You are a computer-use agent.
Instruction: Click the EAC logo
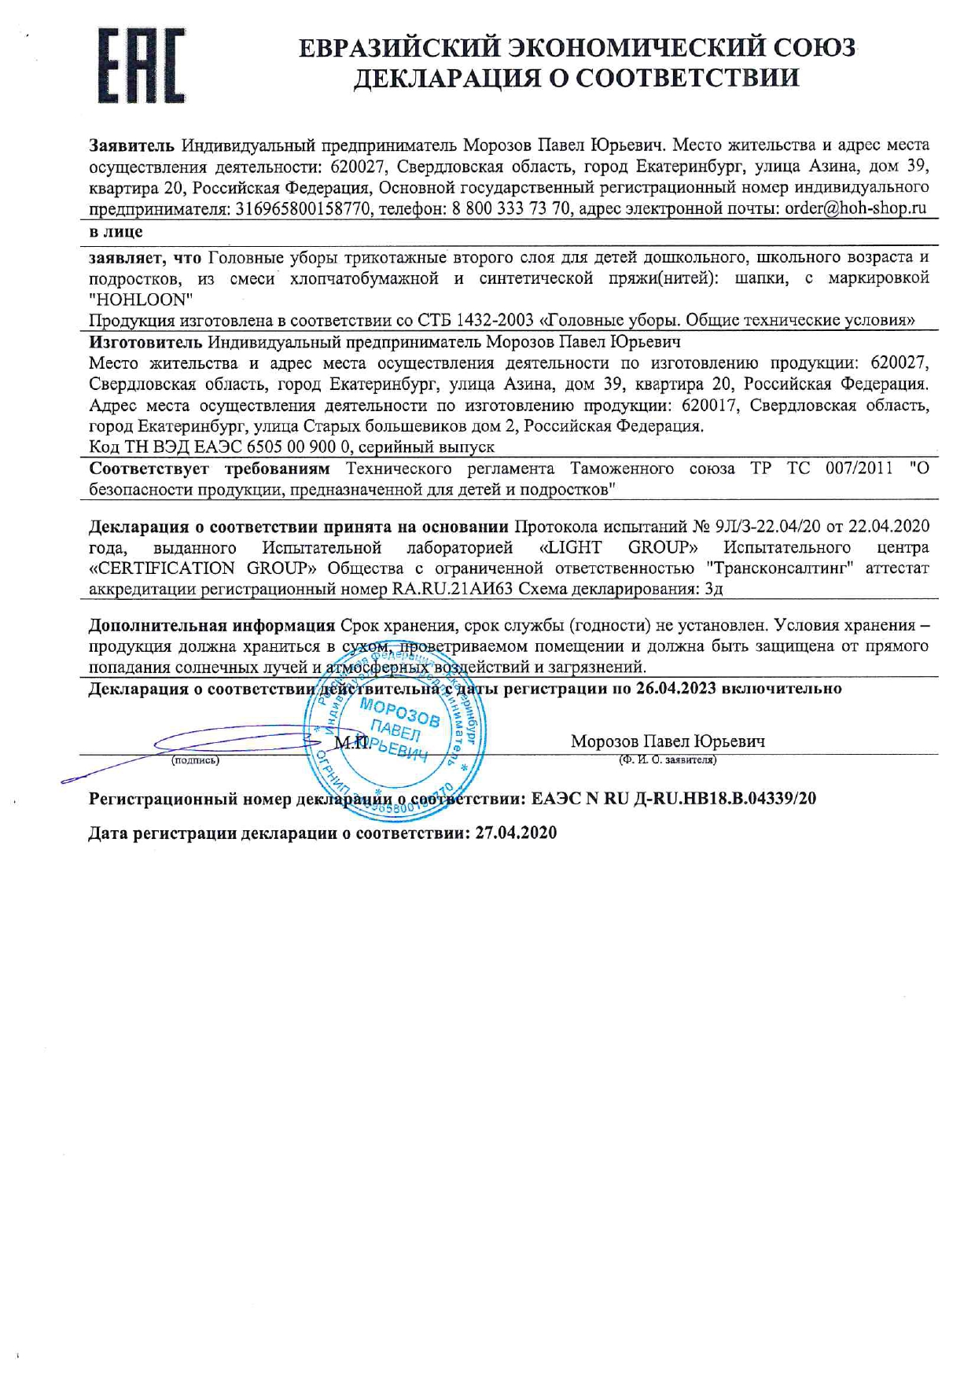point(142,66)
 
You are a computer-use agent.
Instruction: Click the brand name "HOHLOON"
point(141,299)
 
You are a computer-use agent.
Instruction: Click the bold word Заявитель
point(131,145)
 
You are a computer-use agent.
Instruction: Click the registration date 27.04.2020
point(516,833)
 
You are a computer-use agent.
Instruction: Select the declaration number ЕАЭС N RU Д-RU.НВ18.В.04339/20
point(674,799)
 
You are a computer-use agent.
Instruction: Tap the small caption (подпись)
point(196,760)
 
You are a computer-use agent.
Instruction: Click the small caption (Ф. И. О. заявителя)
point(668,760)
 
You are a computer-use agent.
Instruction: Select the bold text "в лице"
point(116,232)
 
